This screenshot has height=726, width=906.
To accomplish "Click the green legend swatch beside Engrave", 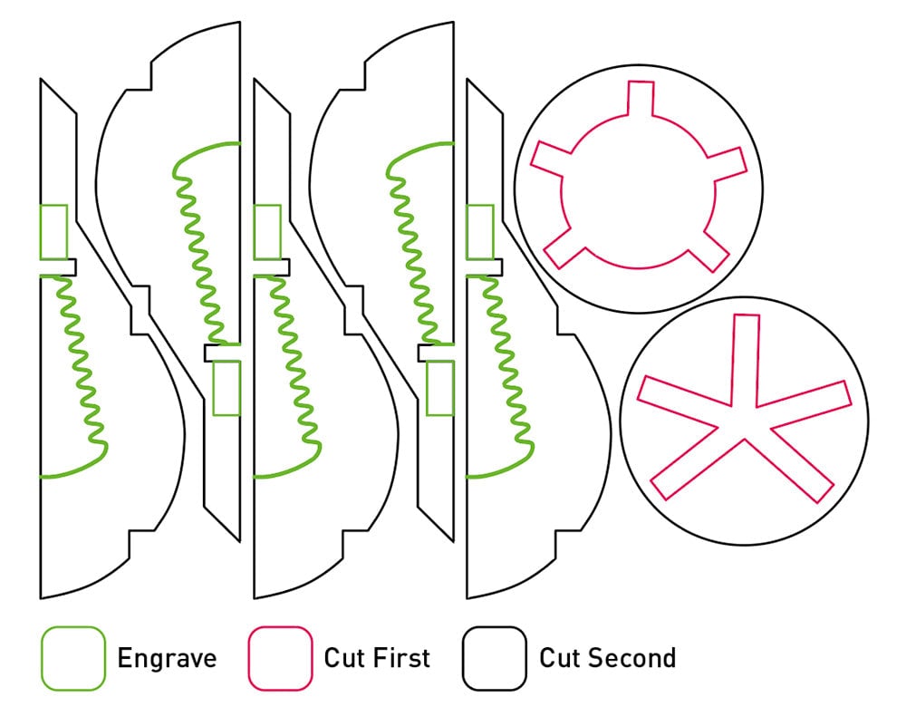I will point(73,659).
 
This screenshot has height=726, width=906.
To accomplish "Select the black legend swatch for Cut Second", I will point(494,659).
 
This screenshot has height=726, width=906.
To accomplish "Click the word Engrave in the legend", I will point(167,659).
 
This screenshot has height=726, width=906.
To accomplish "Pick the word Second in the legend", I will point(631,658).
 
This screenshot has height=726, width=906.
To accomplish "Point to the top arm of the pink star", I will point(747,353).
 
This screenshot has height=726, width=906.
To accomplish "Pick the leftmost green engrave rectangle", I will point(53,232).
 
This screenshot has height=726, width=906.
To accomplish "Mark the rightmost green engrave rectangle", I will point(479,232).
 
